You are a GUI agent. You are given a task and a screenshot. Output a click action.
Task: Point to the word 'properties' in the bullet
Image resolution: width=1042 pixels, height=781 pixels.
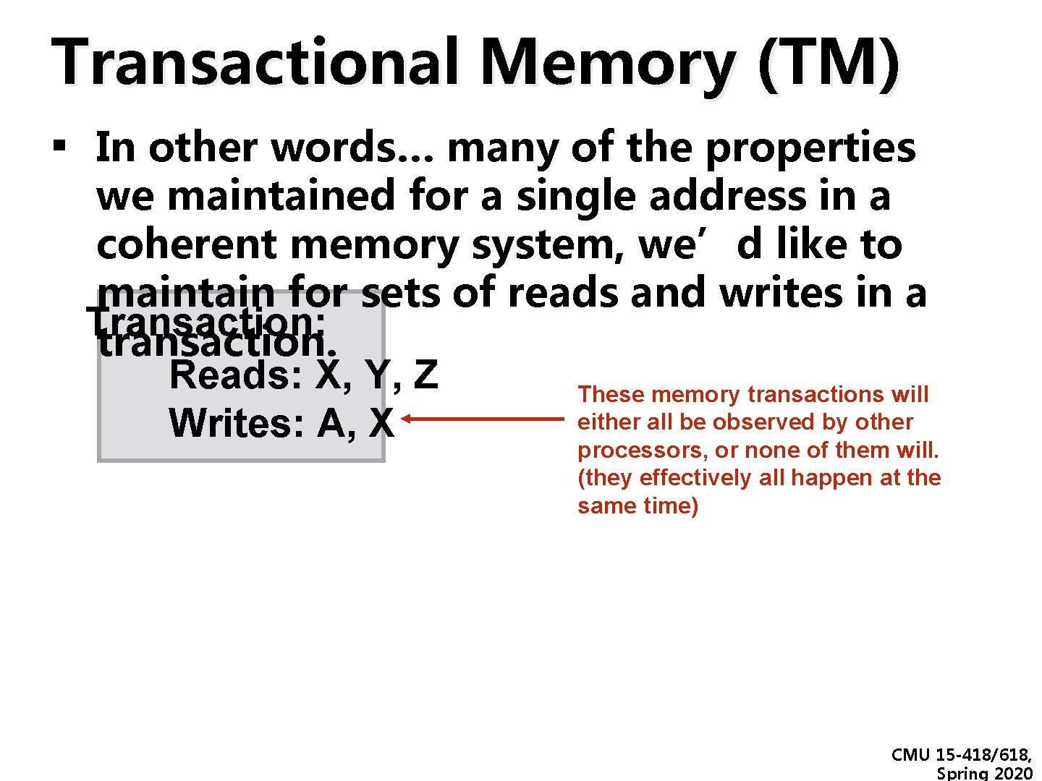click(x=810, y=148)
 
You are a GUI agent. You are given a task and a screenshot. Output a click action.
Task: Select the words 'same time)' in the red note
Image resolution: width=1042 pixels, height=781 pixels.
click(x=638, y=505)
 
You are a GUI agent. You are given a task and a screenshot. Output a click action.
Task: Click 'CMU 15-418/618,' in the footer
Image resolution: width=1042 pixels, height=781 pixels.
click(x=962, y=755)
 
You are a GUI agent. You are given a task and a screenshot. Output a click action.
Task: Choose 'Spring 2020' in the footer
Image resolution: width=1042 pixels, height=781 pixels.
click(x=984, y=774)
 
